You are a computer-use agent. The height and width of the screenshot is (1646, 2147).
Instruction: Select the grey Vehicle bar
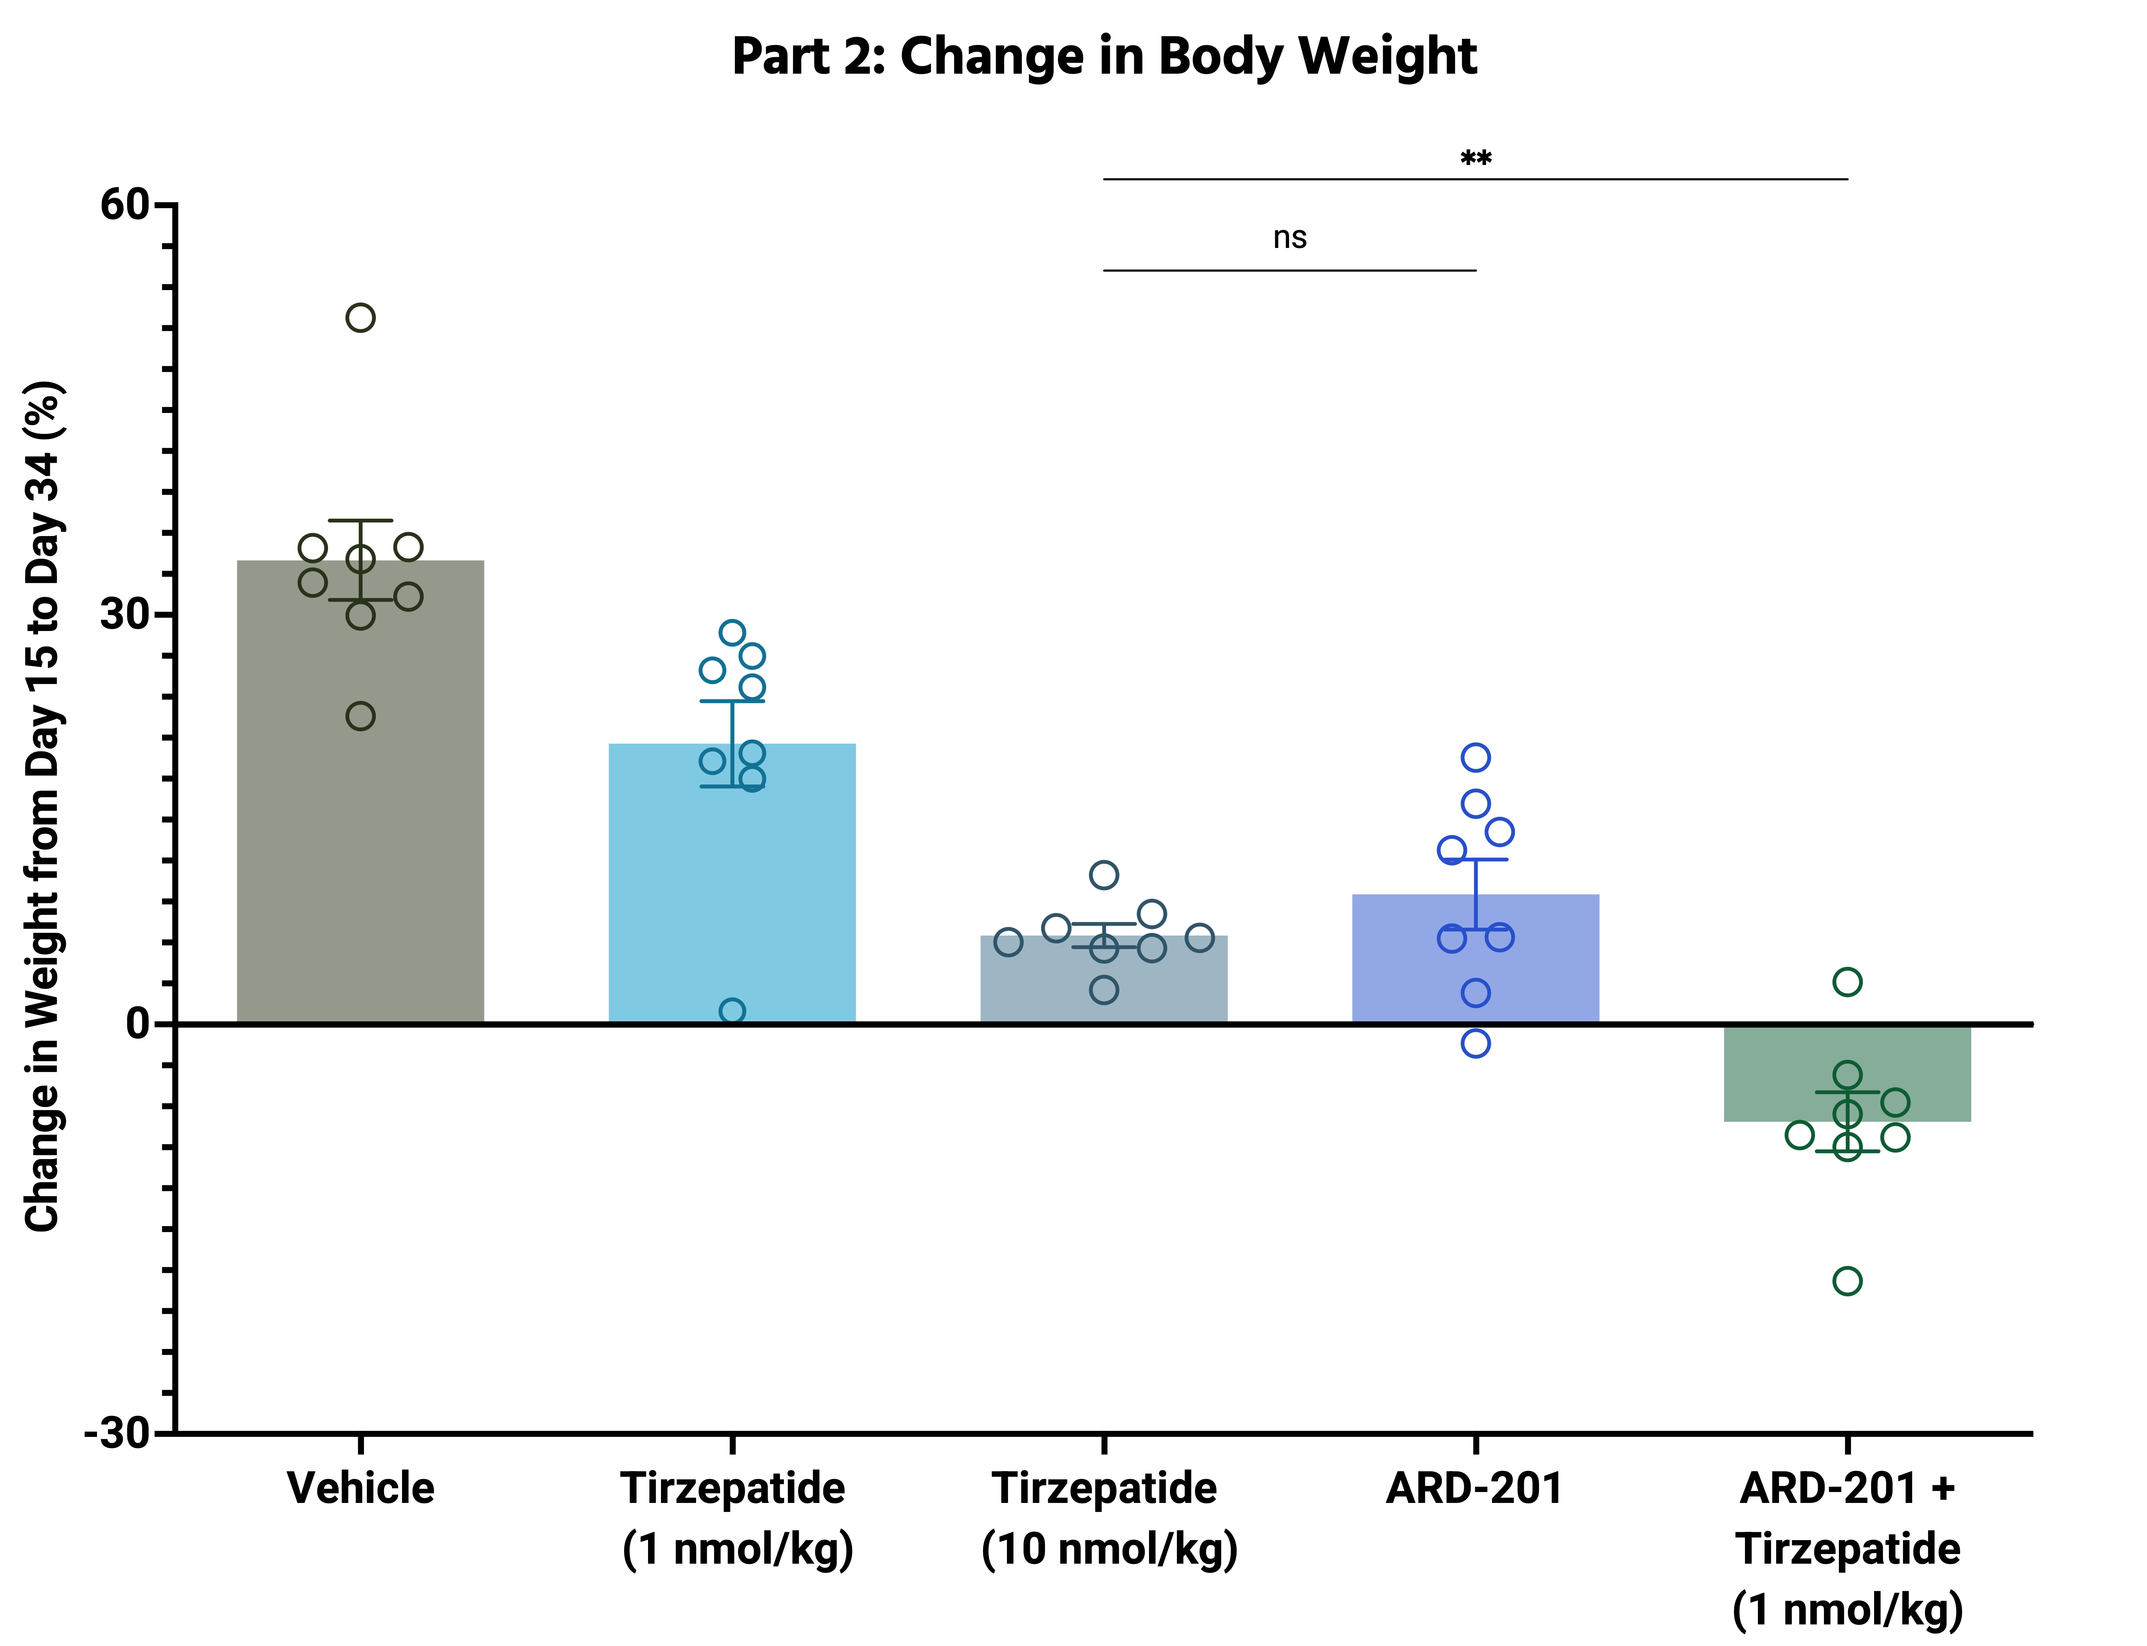[361, 792]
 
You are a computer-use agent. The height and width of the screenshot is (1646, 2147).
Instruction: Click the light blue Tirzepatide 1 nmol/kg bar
[732, 884]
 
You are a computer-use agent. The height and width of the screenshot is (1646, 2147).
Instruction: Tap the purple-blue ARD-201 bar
[1476, 959]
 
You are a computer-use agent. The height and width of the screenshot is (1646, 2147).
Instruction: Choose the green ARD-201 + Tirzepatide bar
[1847, 1073]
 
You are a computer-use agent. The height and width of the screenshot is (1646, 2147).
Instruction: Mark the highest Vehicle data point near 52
[361, 317]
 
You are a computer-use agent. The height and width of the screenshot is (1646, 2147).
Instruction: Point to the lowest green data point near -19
[1847, 1281]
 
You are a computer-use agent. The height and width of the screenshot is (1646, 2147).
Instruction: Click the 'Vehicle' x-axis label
[361, 1488]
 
